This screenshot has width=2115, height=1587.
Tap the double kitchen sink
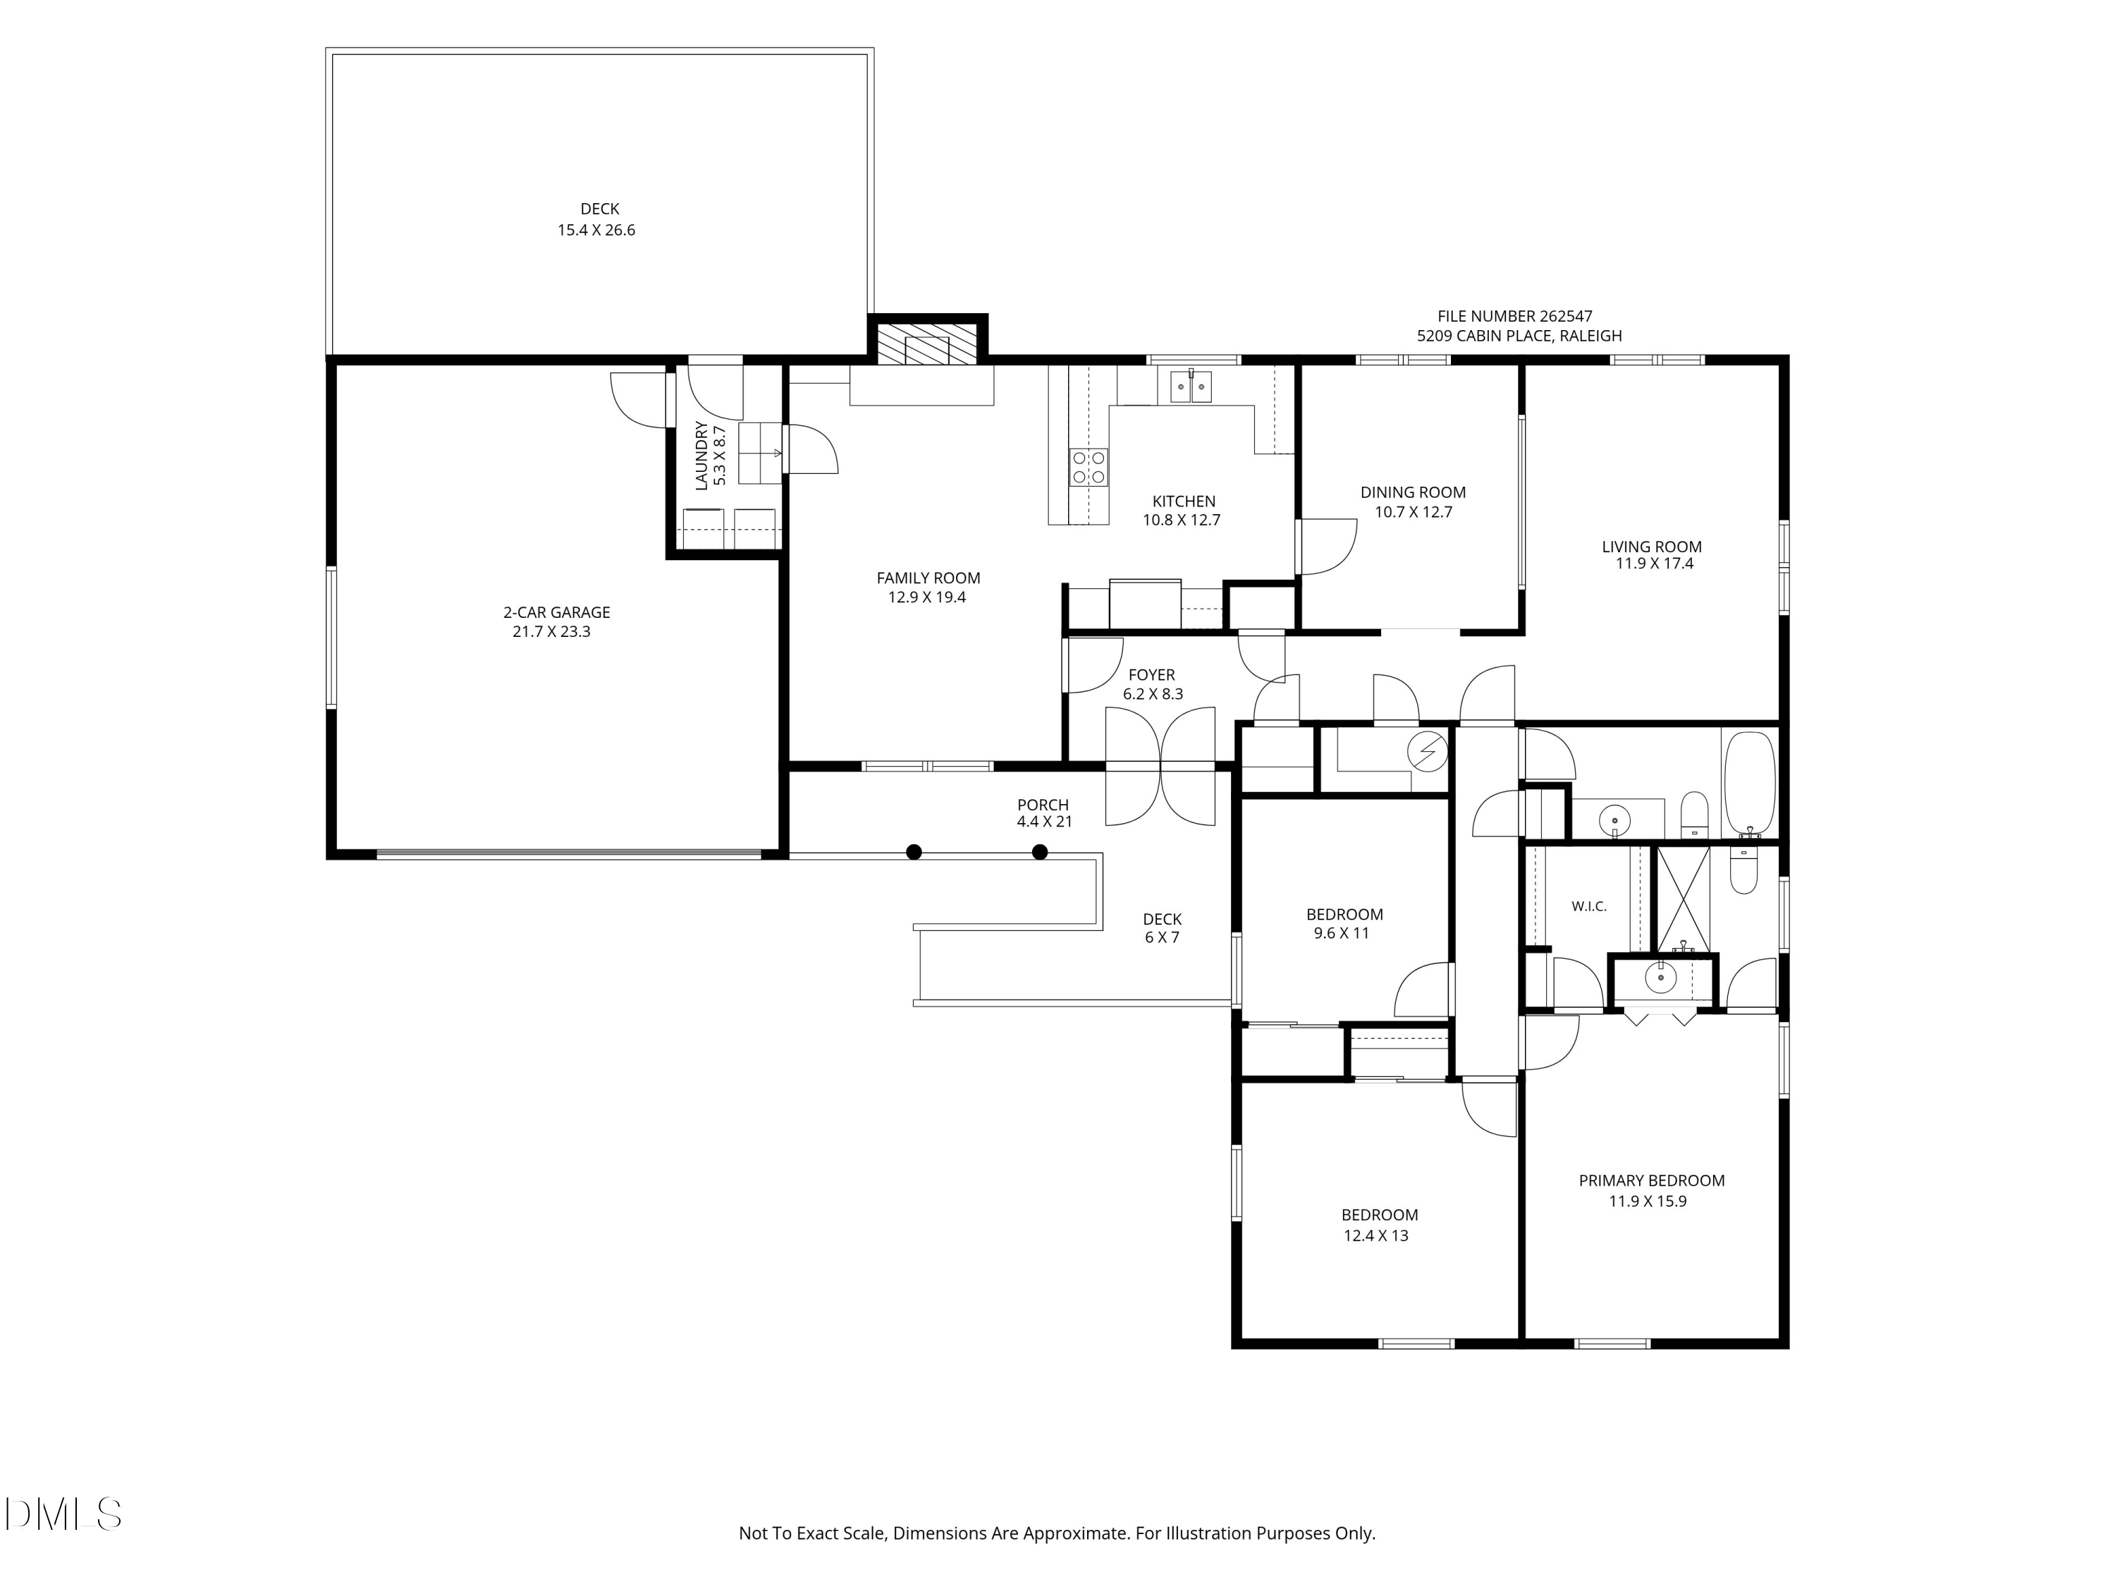coord(1191,387)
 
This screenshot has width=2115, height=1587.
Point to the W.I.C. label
coord(1589,906)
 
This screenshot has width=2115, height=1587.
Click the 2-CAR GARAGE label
coord(556,612)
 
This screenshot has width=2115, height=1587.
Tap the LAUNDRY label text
coord(701,456)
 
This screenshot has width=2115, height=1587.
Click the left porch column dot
coord(914,851)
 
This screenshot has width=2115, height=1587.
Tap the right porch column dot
coord(1041,851)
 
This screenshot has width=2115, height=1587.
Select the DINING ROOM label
coord(1414,492)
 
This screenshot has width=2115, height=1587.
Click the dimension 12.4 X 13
coord(1376,1235)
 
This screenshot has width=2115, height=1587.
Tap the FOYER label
coord(1152,674)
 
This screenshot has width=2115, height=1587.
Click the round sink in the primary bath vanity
coord(1661,978)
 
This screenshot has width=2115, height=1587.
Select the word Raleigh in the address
coord(1592,336)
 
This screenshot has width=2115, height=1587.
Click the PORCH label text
coord(1043,805)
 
